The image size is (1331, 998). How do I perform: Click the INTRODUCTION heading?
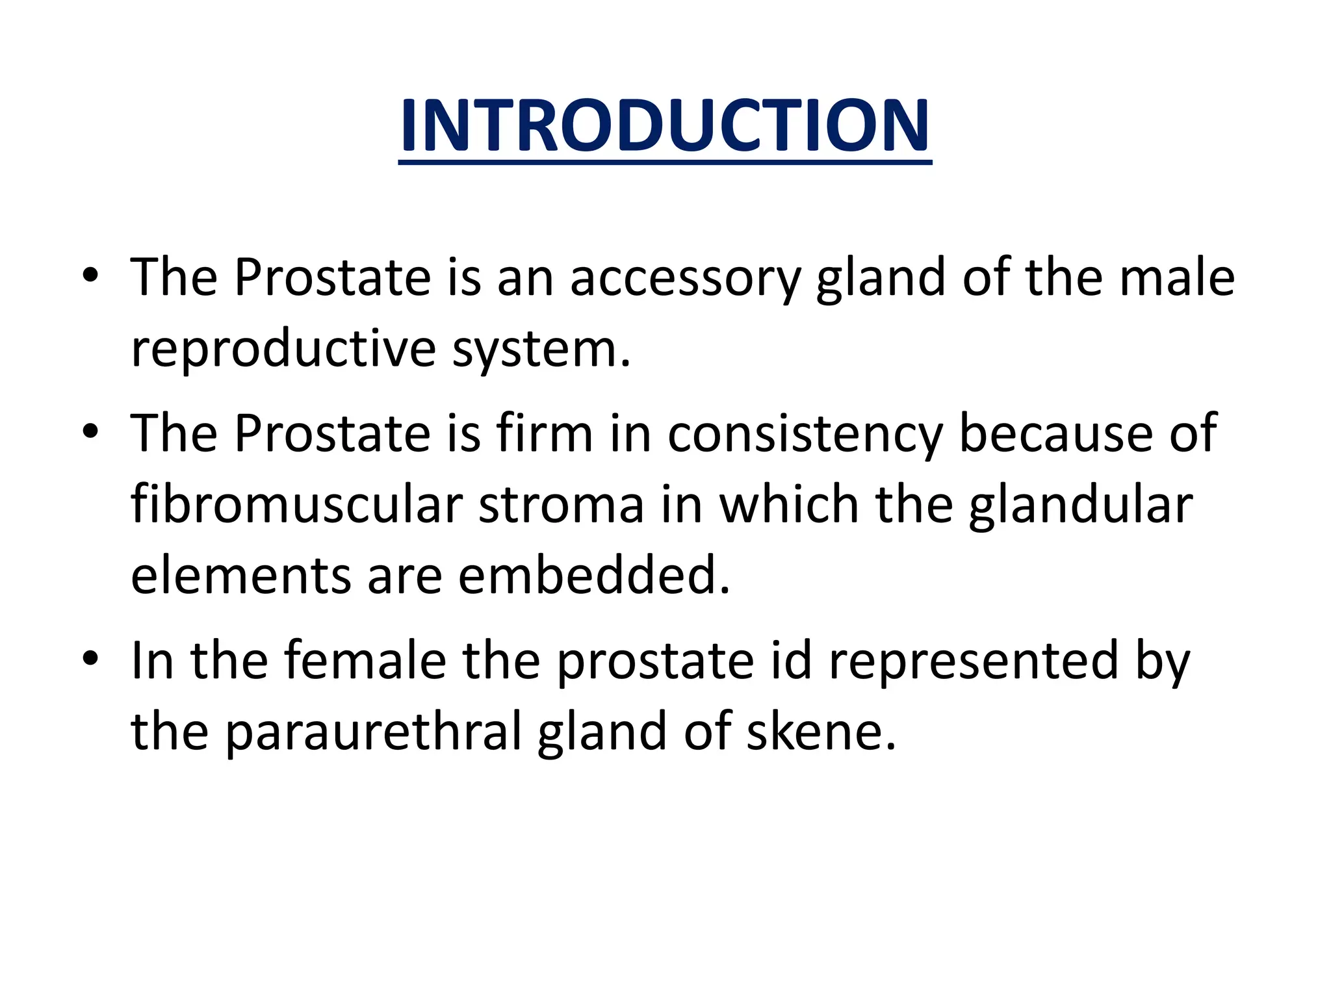tap(665, 126)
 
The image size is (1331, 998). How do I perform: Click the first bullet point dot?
tap(90, 277)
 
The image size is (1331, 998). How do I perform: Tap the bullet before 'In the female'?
tap(90, 660)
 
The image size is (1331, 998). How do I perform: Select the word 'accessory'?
tap(685, 278)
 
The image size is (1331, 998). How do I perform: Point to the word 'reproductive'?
tap(283, 350)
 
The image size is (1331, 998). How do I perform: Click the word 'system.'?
tap(541, 350)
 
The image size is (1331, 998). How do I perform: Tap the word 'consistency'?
tap(805, 434)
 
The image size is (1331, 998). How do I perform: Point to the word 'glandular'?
tap(1080, 505)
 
